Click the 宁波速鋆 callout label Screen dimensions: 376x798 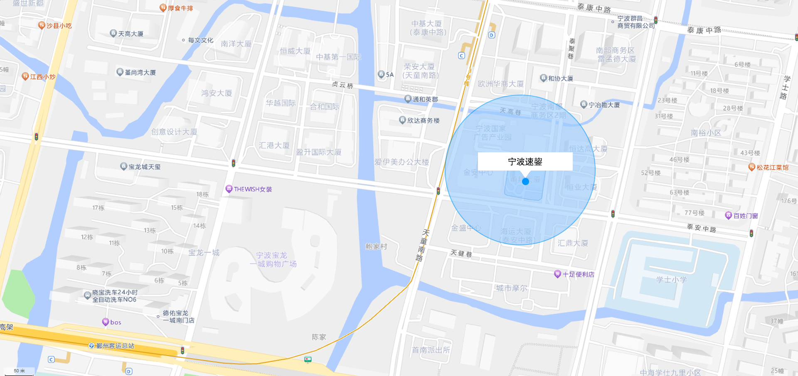click(525, 161)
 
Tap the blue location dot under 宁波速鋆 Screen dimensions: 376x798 click(525, 181)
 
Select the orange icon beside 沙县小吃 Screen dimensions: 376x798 click(42, 25)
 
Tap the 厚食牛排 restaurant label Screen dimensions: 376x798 click(180, 8)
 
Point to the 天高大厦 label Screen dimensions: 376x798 click(131, 34)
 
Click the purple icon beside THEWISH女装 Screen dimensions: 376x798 click(229, 189)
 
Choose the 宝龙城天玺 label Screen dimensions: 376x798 click(144, 167)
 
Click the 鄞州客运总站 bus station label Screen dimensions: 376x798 click(115, 346)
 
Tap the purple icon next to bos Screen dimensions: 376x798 click(106, 322)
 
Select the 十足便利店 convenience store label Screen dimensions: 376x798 click(578, 274)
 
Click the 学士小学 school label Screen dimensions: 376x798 click(671, 280)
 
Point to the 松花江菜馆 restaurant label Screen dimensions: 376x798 click(772, 168)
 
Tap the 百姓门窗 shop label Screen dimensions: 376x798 click(746, 216)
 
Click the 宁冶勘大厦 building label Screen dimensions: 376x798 click(604, 105)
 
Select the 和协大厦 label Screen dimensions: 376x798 click(560, 78)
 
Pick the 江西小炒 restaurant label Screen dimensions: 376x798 click(43, 77)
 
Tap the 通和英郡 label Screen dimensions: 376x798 click(425, 99)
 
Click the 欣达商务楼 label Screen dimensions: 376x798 click(423, 120)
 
